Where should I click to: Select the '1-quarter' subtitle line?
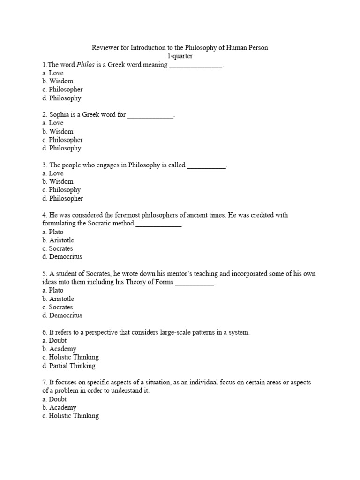(180, 56)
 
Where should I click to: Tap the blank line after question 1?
(195, 65)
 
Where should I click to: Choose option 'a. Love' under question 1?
(52, 73)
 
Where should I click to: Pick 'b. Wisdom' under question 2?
(58, 132)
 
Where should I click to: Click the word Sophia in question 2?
(60, 114)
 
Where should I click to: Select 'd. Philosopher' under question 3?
(62, 198)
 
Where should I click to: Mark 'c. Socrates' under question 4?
(57, 248)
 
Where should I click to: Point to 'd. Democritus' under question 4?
(62, 257)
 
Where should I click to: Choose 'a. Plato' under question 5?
(52, 290)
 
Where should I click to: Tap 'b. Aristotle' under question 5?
(58, 299)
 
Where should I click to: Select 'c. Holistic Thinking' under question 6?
(70, 357)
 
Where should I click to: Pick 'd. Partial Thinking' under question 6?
(68, 366)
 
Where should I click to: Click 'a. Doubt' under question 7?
(54, 399)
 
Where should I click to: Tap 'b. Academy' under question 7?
(59, 408)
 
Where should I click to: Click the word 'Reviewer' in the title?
(105, 48)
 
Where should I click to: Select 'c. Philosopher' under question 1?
(62, 90)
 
